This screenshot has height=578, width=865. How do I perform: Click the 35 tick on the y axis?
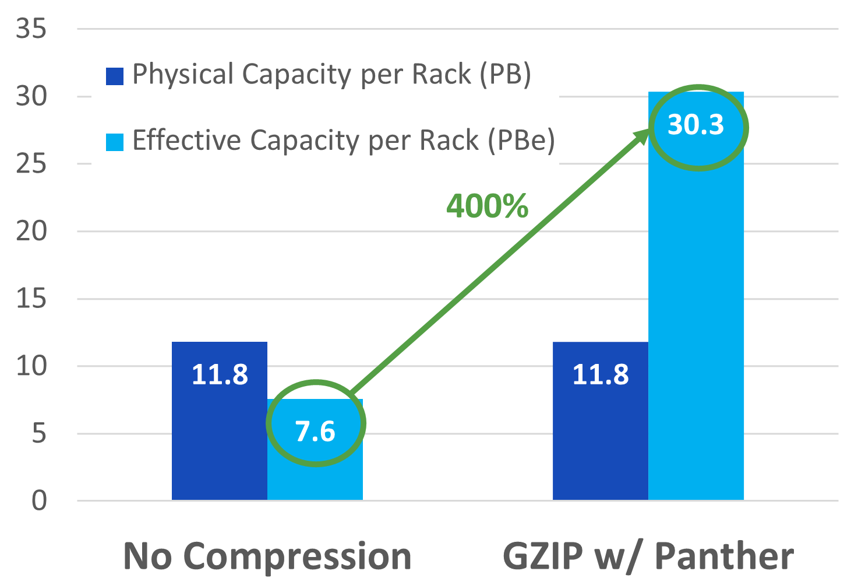(x=31, y=29)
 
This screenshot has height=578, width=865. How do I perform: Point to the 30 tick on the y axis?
(x=31, y=96)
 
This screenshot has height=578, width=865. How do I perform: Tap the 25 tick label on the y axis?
(x=31, y=164)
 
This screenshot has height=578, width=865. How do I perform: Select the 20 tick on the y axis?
(x=31, y=232)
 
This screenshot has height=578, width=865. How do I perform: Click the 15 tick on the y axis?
(x=31, y=299)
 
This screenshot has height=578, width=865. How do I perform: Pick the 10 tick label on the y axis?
(x=31, y=366)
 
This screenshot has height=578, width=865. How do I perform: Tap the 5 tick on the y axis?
(x=38, y=434)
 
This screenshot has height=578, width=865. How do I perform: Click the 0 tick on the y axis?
(x=38, y=501)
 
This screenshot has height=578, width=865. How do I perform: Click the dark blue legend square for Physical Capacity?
(x=115, y=76)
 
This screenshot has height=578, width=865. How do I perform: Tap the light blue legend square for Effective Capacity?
(x=115, y=142)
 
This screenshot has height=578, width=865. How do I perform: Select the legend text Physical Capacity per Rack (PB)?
(x=331, y=75)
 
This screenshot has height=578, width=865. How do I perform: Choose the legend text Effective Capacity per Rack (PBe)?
(x=343, y=141)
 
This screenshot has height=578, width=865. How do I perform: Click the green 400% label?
(x=488, y=206)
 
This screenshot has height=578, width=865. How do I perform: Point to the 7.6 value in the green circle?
(x=315, y=432)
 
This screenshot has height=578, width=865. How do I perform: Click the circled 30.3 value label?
(x=695, y=125)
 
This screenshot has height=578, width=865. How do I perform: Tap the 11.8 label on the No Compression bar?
(x=220, y=374)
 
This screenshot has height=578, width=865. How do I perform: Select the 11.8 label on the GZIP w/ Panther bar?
(x=601, y=374)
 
